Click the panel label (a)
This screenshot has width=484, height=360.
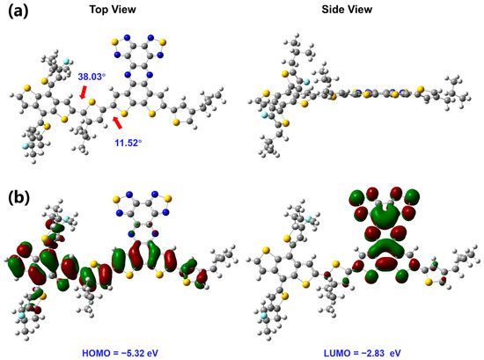click(x=18, y=11)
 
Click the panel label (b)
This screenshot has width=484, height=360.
click(x=18, y=198)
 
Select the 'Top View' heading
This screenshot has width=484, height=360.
click(x=113, y=10)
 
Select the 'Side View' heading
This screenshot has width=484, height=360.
click(x=347, y=10)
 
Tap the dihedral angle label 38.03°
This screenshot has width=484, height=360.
click(x=92, y=77)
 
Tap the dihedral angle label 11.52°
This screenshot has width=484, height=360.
click(x=128, y=143)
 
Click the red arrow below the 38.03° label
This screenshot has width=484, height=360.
click(x=84, y=92)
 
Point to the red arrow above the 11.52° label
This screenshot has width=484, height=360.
click(x=117, y=122)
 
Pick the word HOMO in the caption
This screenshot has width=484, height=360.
click(x=92, y=353)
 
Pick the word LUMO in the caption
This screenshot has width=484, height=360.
click(x=333, y=353)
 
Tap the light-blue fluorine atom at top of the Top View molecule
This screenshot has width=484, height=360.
click(x=66, y=61)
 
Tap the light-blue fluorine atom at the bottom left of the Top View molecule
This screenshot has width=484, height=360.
click(x=25, y=145)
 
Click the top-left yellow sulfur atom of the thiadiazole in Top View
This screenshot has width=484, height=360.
click(x=114, y=41)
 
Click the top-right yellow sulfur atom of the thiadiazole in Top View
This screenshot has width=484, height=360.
click(x=163, y=41)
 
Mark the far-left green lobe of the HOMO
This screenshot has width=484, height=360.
click(x=15, y=266)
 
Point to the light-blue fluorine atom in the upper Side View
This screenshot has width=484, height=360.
click(x=306, y=82)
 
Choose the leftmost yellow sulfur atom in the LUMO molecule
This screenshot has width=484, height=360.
click(x=265, y=250)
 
